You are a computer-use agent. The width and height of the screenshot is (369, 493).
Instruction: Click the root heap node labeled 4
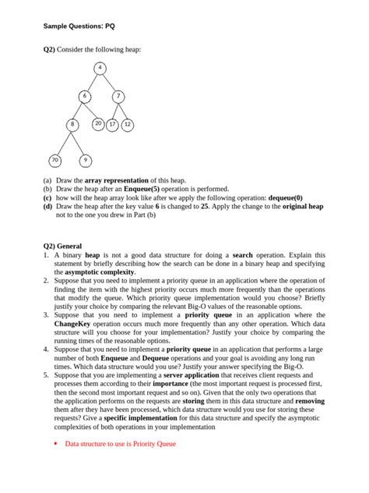[100, 69]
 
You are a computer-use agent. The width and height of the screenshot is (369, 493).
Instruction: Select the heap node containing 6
[84, 97]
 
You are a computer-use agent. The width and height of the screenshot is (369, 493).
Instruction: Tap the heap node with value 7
[118, 97]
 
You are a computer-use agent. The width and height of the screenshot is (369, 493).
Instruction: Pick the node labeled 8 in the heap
[72, 124]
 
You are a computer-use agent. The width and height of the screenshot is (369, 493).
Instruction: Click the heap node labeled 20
[98, 123]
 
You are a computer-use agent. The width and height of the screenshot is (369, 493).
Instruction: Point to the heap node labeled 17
[113, 124]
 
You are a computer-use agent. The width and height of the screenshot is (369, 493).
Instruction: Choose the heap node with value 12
[128, 124]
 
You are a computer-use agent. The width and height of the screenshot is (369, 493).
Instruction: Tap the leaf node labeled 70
[54, 160]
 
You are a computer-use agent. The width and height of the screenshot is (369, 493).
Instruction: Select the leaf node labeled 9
[85, 160]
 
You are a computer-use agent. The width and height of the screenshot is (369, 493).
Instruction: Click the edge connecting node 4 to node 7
[110, 83]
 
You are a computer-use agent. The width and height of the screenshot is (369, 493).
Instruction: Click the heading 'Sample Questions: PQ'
[79, 27]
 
